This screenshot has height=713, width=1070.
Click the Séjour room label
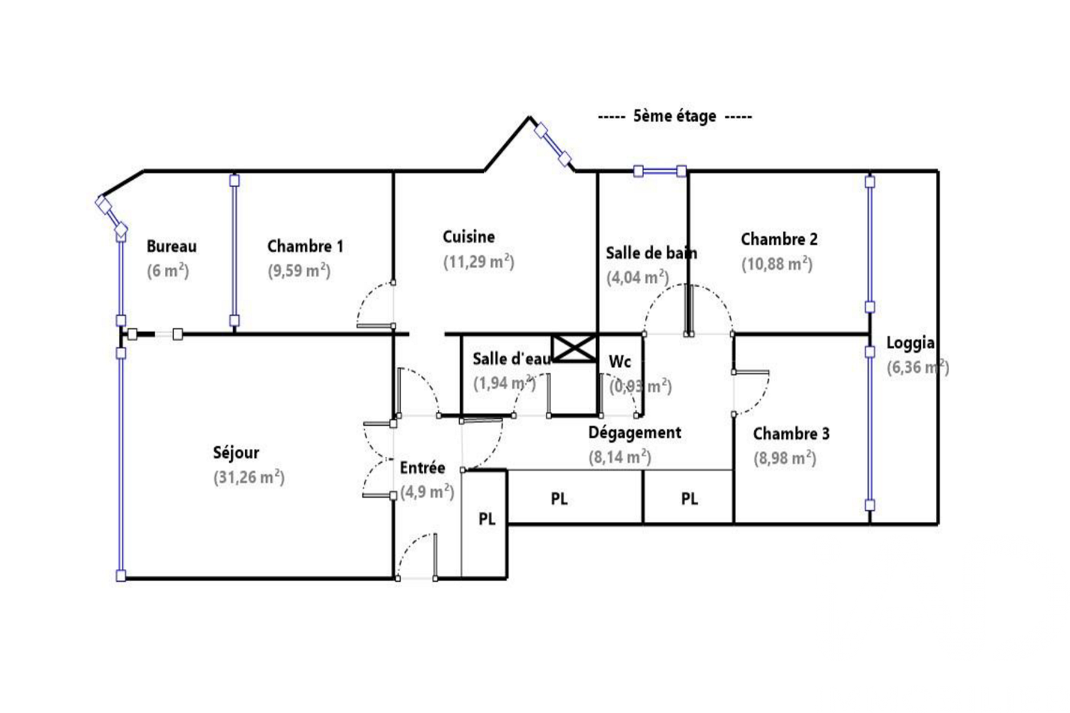click(236, 453)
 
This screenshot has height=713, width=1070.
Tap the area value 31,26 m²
click(249, 478)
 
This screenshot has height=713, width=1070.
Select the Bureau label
click(172, 246)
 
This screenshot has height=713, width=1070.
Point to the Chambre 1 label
click(305, 246)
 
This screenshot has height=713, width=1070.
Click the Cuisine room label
click(469, 237)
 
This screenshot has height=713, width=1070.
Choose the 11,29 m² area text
click(479, 262)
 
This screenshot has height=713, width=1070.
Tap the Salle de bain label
click(652, 253)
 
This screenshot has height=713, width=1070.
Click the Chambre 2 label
click(779, 240)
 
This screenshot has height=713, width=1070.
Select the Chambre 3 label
click(791, 434)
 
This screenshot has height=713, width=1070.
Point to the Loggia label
click(910, 343)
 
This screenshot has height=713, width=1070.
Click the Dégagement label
click(634, 433)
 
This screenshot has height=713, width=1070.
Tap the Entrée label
click(422, 468)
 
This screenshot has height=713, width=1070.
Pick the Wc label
click(620, 362)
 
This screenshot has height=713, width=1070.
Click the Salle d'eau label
click(511, 358)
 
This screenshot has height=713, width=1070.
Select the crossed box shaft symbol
click(574, 348)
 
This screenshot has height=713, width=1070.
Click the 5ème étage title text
click(674, 116)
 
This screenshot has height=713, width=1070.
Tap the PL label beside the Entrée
click(487, 519)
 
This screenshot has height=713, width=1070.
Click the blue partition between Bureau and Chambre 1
click(234, 250)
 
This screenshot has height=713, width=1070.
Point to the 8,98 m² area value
click(785, 458)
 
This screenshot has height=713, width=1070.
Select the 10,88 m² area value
click(777, 264)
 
